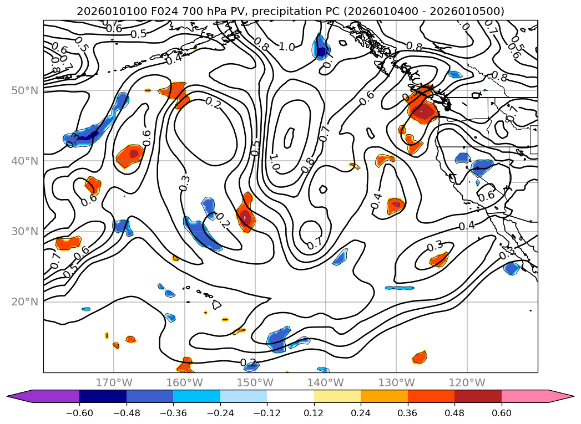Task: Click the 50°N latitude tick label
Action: (24, 90)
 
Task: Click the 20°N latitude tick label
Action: (24, 302)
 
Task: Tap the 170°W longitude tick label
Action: (114, 383)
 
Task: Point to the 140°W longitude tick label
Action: (326, 383)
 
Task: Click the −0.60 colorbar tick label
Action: (79, 414)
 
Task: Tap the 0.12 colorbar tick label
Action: (314, 414)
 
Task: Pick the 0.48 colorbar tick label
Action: (454, 414)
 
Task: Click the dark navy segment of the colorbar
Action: (103, 396)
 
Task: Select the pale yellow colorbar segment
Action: (337, 396)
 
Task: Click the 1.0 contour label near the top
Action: (286, 47)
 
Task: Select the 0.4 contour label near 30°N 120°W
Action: (467, 226)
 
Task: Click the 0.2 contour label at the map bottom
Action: (249, 363)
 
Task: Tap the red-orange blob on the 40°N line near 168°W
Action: (130, 156)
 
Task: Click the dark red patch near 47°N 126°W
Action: (425, 113)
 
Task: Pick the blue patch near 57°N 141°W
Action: (321, 46)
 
